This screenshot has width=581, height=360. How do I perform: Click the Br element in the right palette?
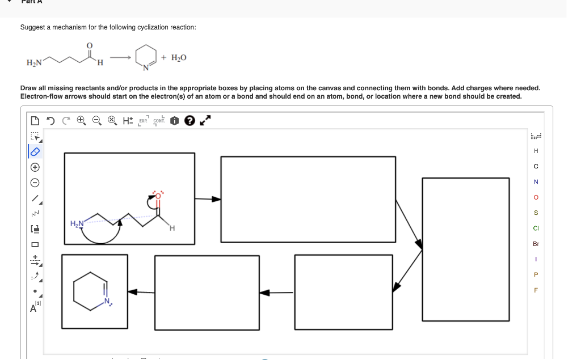(536, 244)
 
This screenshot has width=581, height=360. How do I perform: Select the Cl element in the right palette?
(536, 228)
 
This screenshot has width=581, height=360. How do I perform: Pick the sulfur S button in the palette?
(536, 213)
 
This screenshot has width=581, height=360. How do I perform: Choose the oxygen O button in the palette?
(536, 197)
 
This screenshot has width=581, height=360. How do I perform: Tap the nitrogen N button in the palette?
(536, 182)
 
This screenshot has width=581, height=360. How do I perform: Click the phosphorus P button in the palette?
(536, 275)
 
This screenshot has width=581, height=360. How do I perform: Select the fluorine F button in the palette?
(536, 290)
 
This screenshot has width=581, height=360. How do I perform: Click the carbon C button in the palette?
(536, 166)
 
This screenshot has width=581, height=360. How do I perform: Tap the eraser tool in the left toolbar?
(35, 151)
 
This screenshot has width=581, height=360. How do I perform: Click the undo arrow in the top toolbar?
(50, 121)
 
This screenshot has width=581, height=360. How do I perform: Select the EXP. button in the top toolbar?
(143, 121)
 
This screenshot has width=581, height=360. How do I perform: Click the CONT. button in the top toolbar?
(159, 121)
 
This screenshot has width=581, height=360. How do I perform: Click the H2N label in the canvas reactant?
(77, 224)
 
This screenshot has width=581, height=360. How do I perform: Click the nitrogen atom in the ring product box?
(107, 300)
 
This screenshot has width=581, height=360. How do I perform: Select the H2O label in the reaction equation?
(178, 58)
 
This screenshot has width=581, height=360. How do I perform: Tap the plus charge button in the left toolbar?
(35, 167)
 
